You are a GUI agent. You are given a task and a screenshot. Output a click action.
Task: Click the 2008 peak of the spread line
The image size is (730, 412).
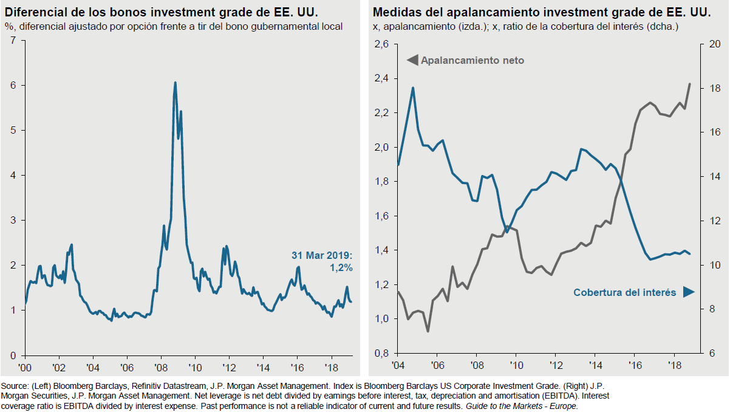[175, 83]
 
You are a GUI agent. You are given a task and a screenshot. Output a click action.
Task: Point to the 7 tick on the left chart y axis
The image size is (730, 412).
[13, 41]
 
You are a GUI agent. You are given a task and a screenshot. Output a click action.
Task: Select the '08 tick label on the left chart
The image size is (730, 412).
[160, 368]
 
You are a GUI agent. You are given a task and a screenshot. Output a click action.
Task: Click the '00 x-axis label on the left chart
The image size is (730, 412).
[26, 368]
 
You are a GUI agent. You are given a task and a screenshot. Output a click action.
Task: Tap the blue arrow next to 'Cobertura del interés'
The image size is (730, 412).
[688, 292]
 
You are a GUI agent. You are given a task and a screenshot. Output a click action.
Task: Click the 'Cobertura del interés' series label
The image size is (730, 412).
[624, 292]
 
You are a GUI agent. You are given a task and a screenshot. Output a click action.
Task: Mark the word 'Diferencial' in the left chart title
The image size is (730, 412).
[35, 12]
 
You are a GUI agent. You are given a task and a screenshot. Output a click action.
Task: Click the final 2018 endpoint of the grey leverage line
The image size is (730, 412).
[690, 84]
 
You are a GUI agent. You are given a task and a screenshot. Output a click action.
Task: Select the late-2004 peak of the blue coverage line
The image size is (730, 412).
[413, 88]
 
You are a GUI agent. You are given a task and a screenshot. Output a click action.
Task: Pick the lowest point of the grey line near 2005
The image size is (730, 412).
[428, 331]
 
